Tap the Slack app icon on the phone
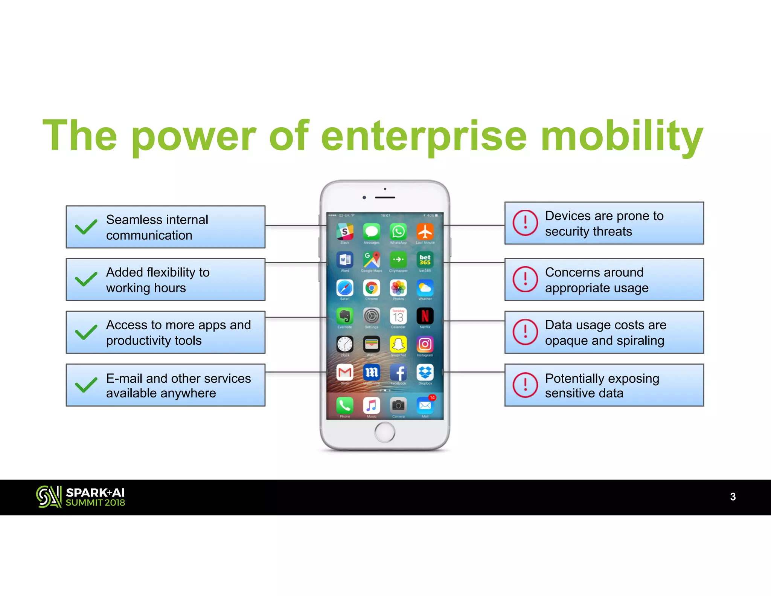click(345, 231)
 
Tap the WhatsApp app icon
click(398, 231)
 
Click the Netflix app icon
click(425, 316)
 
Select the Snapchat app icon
click(398, 344)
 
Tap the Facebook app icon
click(398, 373)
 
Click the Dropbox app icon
click(425, 373)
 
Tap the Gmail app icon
click(345, 373)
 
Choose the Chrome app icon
click(372, 288)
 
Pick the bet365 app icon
click(425, 260)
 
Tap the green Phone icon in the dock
click(345, 405)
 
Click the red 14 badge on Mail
click(432, 397)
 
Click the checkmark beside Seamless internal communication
click(86, 227)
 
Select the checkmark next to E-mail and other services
click(86, 385)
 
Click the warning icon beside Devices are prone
click(525, 223)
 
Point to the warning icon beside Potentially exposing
click(525, 385)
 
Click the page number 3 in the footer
click(733, 497)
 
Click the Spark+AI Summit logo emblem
click(49, 497)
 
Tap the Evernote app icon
click(345, 316)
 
